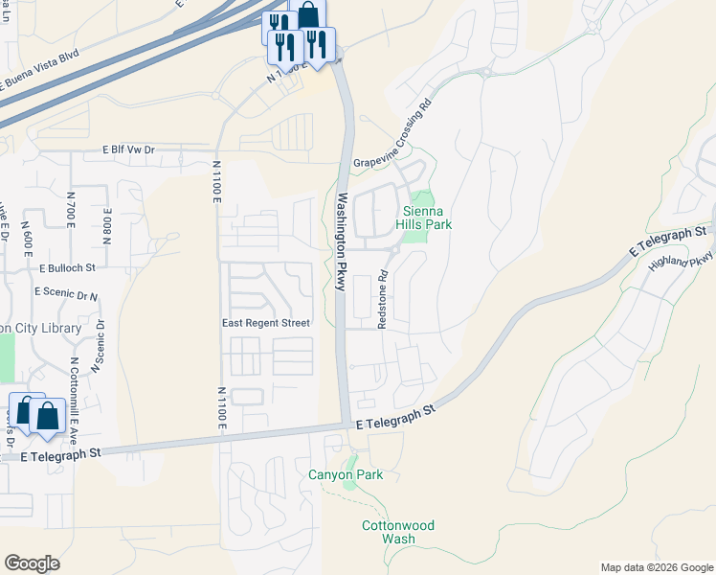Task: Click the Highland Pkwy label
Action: [682, 259]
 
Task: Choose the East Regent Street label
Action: [265, 323]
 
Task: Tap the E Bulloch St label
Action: [68, 268]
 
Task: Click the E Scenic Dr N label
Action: [66, 292]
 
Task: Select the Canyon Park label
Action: [346, 474]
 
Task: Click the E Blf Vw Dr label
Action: [128, 150]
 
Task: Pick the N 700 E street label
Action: [72, 209]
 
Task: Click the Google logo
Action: [32, 563]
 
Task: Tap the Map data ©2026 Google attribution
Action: [656, 567]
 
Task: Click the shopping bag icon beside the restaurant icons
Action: [308, 15]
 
